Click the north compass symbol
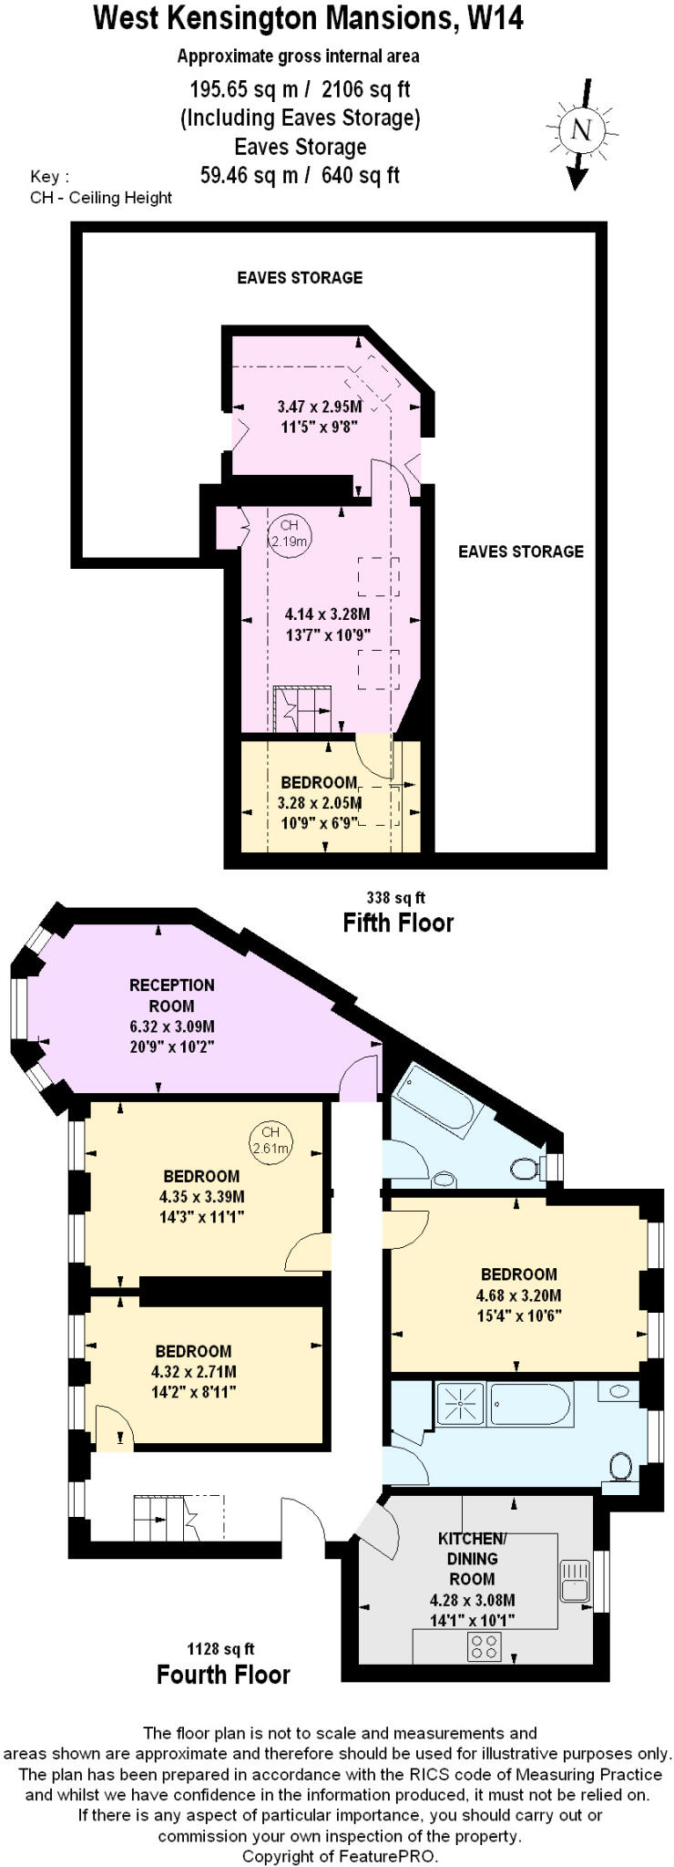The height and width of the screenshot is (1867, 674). tap(580, 130)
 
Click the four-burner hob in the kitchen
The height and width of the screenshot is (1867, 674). tap(484, 1645)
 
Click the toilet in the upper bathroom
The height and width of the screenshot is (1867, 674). tap(526, 1169)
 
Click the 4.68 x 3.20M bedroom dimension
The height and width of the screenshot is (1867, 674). tap(518, 1295)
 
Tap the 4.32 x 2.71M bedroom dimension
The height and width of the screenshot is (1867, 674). tap(193, 1371)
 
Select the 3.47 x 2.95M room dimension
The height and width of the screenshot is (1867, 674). tap(319, 407)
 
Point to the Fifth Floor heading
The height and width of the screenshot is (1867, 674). tap(397, 923)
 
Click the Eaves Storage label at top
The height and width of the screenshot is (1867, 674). tap(300, 277)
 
